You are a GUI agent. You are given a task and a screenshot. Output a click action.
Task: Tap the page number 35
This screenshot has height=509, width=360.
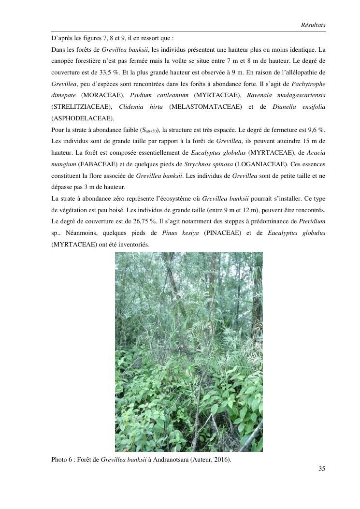[322, 468]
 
